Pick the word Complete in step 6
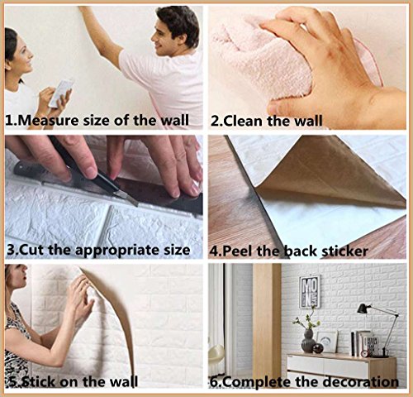[256, 381]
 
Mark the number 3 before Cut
[10, 249]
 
